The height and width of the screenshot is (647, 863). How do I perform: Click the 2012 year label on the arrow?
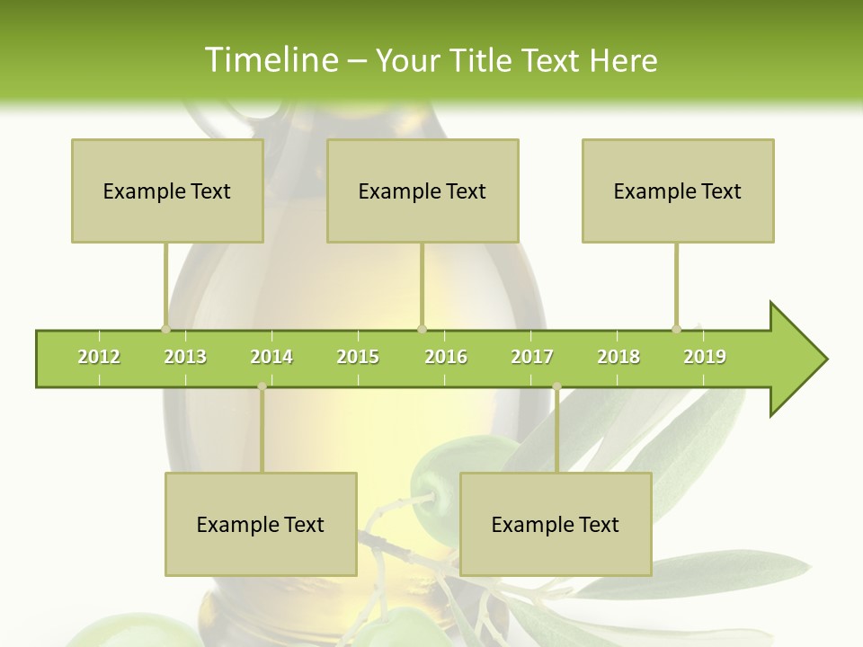99,357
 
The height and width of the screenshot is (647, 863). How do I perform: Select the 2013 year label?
185,357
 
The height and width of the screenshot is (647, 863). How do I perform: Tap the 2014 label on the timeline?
271,357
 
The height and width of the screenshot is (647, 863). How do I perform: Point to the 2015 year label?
358,357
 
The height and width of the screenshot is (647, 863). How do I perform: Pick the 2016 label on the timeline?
446,357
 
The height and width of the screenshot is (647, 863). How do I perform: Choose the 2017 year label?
532,357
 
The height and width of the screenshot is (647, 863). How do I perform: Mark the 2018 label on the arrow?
618,357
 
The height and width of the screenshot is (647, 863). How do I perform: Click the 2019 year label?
705,357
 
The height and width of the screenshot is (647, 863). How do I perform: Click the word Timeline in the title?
269,60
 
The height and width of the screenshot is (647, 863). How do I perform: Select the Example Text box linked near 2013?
167,191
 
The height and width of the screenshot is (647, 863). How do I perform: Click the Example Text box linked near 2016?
423,191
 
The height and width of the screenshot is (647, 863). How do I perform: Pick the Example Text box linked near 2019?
678,191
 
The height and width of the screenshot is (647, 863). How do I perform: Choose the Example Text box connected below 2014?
261,524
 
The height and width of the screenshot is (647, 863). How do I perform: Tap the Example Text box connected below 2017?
556,524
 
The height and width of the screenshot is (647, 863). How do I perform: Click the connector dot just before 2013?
165,329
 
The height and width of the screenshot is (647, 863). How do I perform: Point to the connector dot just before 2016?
422,329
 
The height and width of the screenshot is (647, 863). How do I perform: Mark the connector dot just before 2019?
676,329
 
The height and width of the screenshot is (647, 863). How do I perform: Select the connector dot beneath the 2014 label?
262,386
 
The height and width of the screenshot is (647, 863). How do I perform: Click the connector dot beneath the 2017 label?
556,386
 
